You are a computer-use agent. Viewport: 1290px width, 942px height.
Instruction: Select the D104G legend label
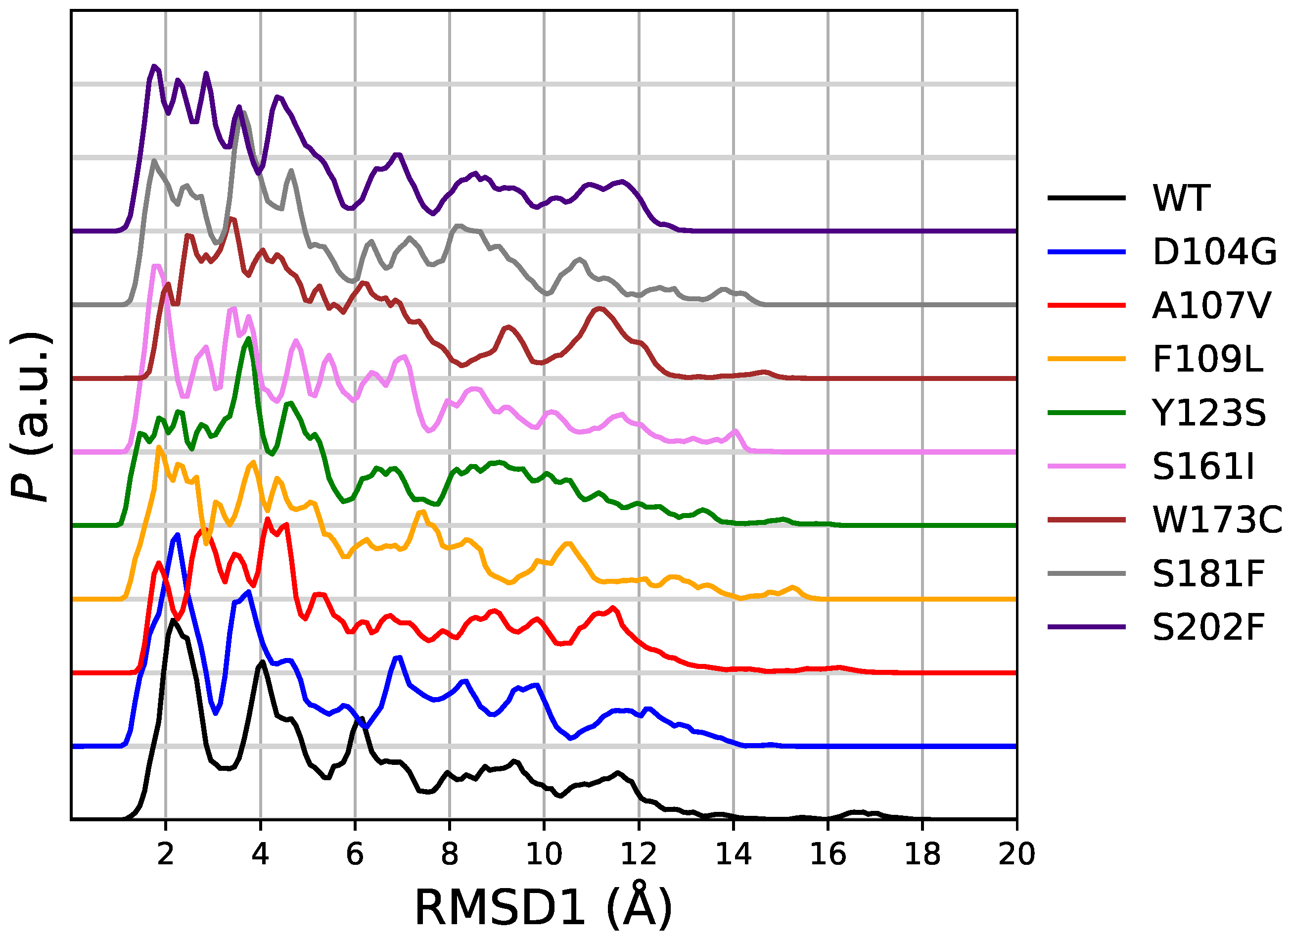pos(1214,252)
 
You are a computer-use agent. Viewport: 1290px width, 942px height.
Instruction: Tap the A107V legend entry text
pos(1211,306)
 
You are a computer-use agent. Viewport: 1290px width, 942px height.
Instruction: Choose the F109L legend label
pos(1208,359)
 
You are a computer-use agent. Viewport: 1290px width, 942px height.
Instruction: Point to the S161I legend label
pos(1203,467)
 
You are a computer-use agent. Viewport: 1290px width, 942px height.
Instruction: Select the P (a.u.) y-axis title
pos(31,416)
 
